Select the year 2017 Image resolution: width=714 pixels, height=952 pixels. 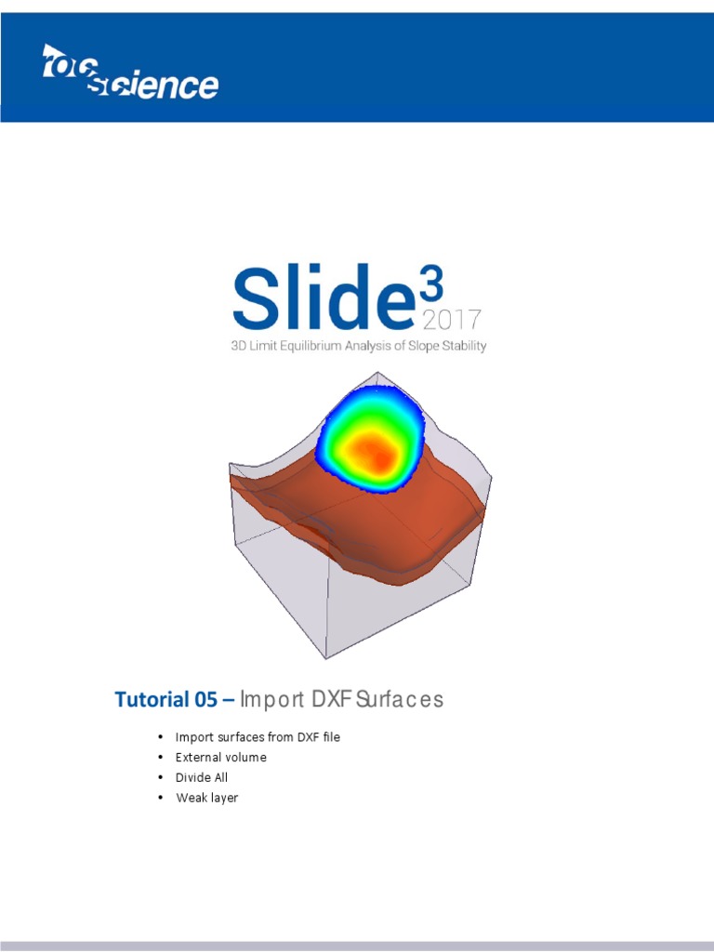point(451,322)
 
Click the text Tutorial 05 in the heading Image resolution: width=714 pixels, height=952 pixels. point(167,699)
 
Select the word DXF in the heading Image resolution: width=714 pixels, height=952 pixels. point(328,699)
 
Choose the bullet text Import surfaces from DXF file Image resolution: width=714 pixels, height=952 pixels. point(258,737)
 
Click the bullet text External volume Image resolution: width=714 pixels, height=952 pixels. point(221,758)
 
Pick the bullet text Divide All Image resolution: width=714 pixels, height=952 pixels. point(202,777)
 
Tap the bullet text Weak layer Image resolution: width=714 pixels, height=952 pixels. point(207,798)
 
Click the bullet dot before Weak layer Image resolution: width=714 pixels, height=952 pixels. point(161,798)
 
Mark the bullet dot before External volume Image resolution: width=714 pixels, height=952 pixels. point(161,758)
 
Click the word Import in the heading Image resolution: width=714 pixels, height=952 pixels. point(270,699)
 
